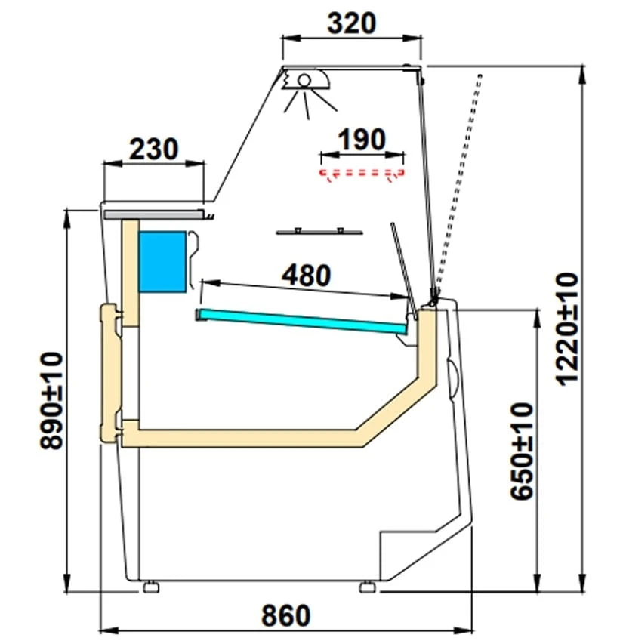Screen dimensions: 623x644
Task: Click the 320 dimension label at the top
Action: pyautogui.click(x=352, y=23)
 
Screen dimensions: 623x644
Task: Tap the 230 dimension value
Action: pyautogui.click(x=154, y=149)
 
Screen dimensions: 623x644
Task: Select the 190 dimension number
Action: pyautogui.click(x=362, y=139)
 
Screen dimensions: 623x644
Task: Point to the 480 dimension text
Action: pyautogui.click(x=307, y=275)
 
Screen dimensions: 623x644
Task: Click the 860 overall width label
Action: pyautogui.click(x=286, y=615)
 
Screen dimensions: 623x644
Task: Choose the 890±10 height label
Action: pyautogui.click(x=52, y=400)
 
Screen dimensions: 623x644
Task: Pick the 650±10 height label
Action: pyautogui.click(x=522, y=451)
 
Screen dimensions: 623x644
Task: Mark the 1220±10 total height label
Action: pyautogui.click(x=569, y=328)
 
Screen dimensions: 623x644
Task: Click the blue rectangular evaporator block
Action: pyautogui.click(x=162, y=262)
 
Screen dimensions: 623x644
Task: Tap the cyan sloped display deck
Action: pyautogui.click(x=302, y=320)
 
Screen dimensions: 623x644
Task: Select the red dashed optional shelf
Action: pyautogui.click(x=362, y=174)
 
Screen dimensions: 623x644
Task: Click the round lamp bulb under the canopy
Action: pyautogui.click(x=304, y=80)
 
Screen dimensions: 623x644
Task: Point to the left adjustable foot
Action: pyautogui.click(x=151, y=587)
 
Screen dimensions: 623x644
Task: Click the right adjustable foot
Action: pyautogui.click(x=367, y=587)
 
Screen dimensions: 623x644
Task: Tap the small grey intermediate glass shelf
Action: pyautogui.click(x=319, y=232)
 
